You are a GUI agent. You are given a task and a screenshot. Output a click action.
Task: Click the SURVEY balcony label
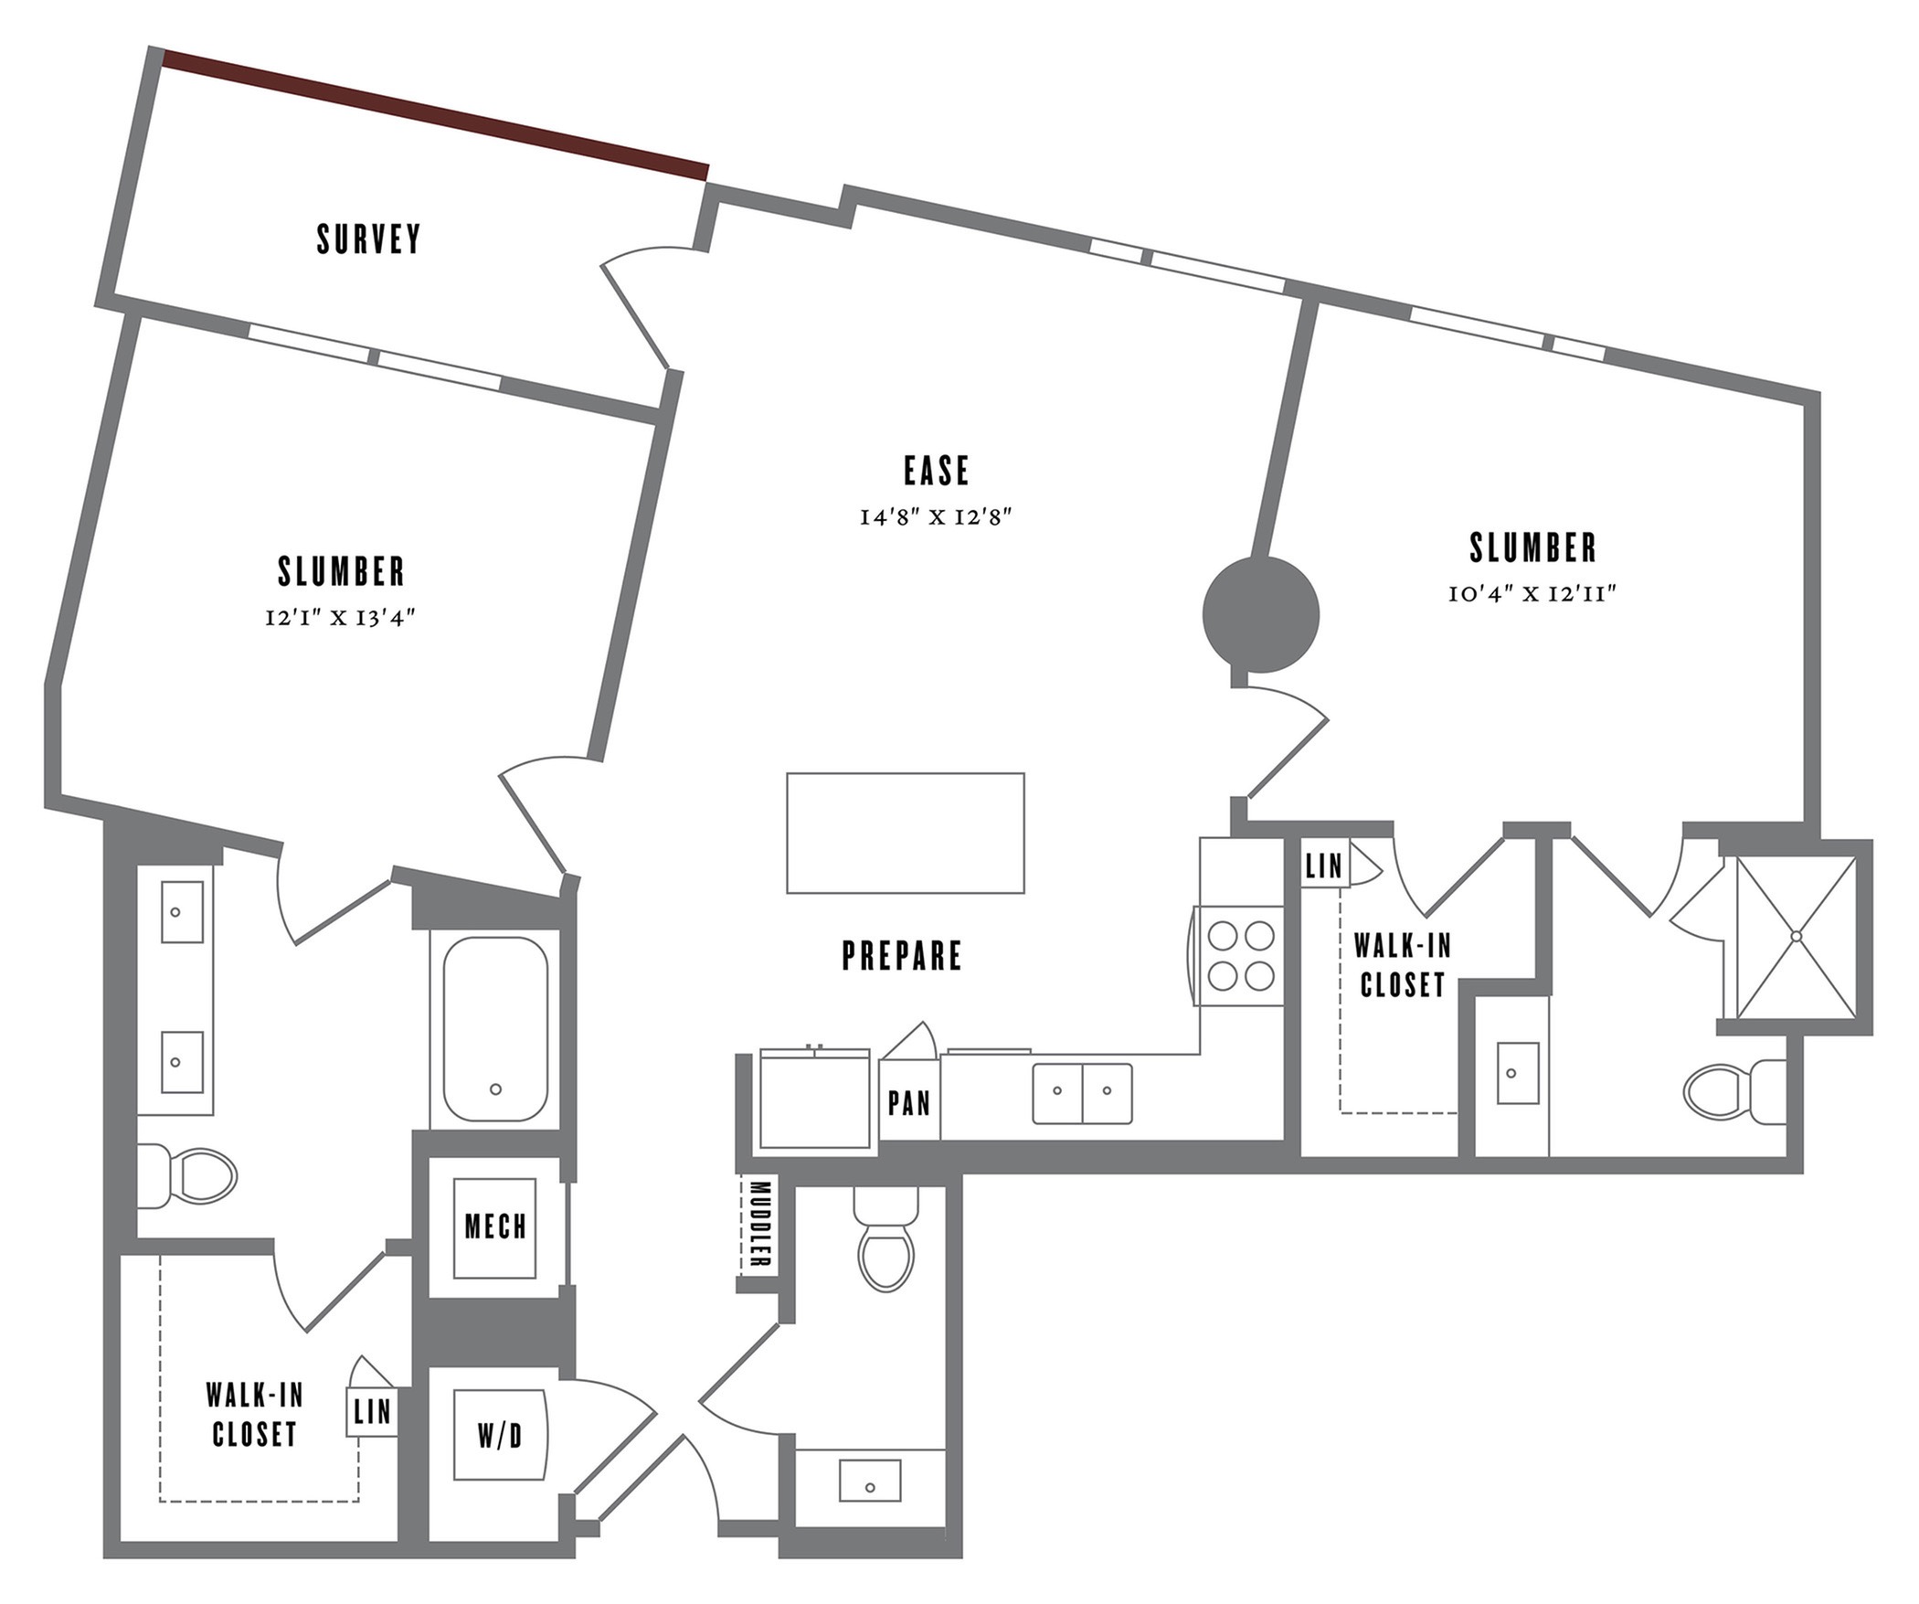point(368,239)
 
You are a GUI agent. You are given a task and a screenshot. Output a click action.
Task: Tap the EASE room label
point(936,471)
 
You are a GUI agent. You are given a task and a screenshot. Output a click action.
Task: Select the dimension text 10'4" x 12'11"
point(1532,594)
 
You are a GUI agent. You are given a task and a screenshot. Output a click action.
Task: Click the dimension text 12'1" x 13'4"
point(340,618)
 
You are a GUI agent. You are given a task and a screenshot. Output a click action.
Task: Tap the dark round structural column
point(1260,615)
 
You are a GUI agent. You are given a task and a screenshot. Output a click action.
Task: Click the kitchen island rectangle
point(905,833)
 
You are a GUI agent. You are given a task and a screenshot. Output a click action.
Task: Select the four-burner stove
point(1241,956)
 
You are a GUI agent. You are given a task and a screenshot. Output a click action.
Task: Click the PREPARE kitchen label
point(901,956)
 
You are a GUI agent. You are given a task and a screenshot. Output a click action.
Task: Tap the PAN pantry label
point(909,1104)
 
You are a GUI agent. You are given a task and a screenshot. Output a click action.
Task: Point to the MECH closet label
point(495,1227)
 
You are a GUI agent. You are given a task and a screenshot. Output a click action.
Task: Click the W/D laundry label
point(500,1437)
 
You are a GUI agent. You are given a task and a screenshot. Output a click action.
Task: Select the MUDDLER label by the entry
point(759,1225)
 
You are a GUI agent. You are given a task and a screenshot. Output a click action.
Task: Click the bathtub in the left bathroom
point(495,1029)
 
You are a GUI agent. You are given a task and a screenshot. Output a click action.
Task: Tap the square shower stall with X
point(1796,937)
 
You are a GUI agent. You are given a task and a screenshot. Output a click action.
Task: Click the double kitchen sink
point(1082,1093)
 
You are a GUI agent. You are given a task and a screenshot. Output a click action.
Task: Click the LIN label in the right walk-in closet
point(1324,866)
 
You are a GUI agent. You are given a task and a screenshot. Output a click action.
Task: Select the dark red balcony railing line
point(436,115)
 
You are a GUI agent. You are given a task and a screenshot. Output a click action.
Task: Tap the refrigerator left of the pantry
point(814,1100)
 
